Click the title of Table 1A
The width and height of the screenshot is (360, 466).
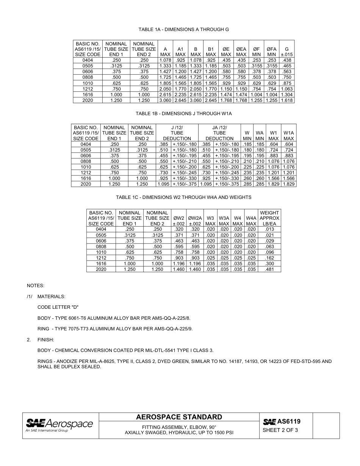pyautogui.click(x=183, y=30)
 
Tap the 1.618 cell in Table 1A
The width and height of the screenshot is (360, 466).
pyautogui.click(x=286, y=100)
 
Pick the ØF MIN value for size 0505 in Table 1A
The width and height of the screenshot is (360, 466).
pyautogui.click(x=257, y=66)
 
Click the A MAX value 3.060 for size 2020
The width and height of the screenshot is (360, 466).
pyautogui.click(x=165, y=100)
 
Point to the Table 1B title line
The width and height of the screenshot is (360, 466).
pyautogui.click(x=183, y=113)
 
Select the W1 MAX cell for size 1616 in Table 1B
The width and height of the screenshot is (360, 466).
pyautogui.click(x=274, y=178)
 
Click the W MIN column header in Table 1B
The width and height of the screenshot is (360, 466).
pyautogui.click(x=247, y=136)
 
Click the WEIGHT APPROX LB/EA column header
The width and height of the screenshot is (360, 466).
pyautogui.click(x=269, y=218)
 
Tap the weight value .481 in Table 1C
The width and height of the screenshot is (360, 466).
pyautogui.click(x=269, y=269)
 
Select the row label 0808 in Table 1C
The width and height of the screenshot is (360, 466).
pyautogui.click(x=101, y=247)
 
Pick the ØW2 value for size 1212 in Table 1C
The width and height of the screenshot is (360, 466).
pyautogui.click(x=178, y=258)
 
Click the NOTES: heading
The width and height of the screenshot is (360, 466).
pyautogui.click(x=35, y=285)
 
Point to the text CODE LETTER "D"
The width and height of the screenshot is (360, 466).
pyautogui.click(x=58, y=307)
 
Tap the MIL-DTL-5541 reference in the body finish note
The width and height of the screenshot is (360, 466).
pyautogui.click(x=166, y=350)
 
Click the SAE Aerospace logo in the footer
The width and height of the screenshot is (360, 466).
pyautogui.click(x=59, y=425)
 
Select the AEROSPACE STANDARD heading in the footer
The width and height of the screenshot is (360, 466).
pyautogui.click(x=179, y=418)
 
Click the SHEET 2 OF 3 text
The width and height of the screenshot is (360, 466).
pyautogui.click(x=280, y=430)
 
